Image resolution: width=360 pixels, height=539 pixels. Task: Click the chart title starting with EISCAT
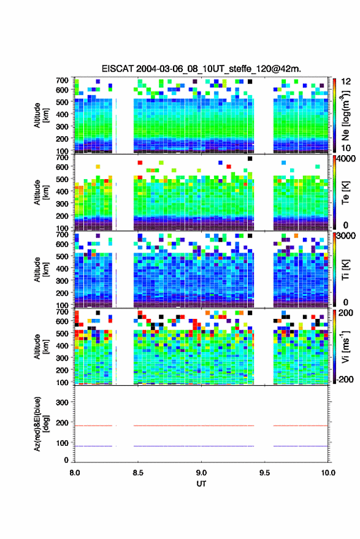(201, 69)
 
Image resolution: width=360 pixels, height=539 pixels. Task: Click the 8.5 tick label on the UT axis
(138, 473)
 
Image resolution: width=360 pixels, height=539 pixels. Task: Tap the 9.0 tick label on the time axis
(201, 473)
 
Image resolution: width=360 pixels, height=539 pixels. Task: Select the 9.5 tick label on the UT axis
(264, 473)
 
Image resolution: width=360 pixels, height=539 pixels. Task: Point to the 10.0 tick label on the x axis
(328, 473)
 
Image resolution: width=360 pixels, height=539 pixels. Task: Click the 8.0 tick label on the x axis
(75, 473)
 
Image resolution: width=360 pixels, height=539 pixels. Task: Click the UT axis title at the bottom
(201, 484)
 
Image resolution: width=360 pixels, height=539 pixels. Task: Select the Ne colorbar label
(345, 115)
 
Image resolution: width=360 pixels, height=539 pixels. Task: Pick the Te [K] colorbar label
(345, 193)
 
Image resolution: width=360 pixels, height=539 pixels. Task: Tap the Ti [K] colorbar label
(345, 270)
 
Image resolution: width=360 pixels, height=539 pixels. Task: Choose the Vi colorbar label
(345, 346)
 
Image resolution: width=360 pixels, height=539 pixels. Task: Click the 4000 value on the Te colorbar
(346, 159)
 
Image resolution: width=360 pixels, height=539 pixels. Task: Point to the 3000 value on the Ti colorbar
(346, 236)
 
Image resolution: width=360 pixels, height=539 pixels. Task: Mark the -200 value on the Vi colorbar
(345, 380)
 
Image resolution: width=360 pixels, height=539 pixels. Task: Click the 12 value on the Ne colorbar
(347, 82)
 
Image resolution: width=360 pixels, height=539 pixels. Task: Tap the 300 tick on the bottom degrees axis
(62, 402)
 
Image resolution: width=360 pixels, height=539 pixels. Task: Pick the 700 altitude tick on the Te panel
(62, 158)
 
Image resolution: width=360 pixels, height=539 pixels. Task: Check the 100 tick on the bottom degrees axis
(62, 443)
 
